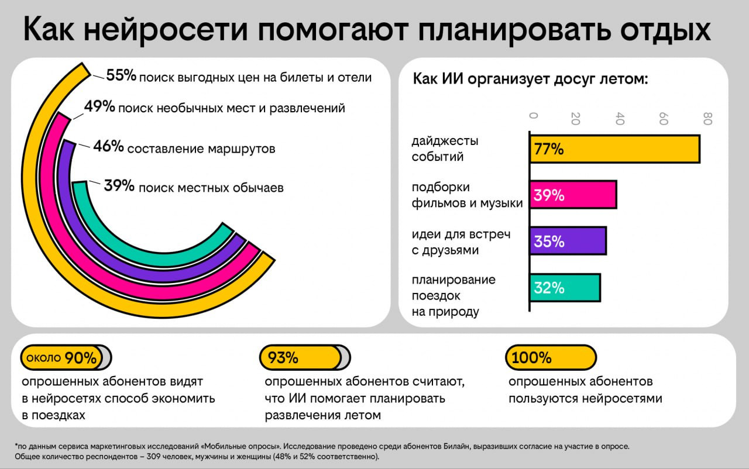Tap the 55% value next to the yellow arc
click(x=121, y=75)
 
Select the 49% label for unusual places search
click(x=99, y=107)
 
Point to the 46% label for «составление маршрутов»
click(x=108, y=147)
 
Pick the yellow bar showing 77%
click(x=614, y=149)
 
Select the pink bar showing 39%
click(x=573, y=195)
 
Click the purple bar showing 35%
click(x=568, y=241)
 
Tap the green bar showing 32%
click(x=565, y=287)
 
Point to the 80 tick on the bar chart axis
click(x=707, y=119)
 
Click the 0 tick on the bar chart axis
click(x=532, y=115)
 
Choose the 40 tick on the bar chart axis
click(x=620, y=119)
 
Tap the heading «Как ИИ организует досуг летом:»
click(x=530, y=79)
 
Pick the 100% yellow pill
click(x=550, y=358)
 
